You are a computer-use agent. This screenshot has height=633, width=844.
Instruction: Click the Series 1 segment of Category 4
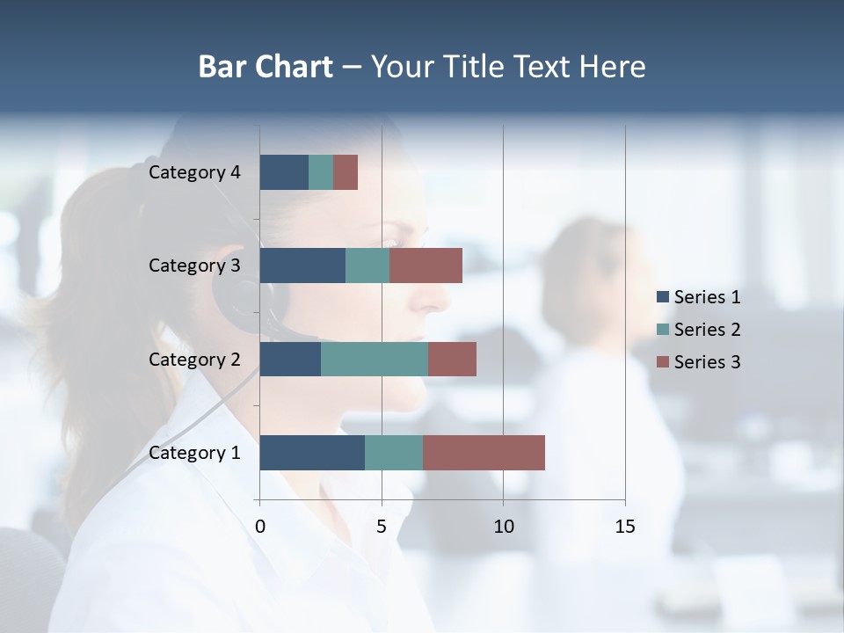click(284, 172)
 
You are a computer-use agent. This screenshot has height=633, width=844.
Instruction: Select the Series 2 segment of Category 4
click(321, 172)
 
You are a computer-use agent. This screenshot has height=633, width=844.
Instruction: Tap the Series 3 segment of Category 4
click(346, 172)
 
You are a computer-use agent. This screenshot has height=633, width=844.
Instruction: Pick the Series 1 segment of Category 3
click(302, 266)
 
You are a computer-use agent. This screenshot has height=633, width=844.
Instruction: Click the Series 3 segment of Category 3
click(426, 266)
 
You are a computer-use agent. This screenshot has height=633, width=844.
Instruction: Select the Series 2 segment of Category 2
click(375, 359)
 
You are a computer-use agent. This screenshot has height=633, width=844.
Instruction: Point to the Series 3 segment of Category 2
click(452, 359)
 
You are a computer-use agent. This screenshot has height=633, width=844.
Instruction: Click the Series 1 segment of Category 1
click(312, 453)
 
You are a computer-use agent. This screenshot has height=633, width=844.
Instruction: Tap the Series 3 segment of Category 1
click(484, 453)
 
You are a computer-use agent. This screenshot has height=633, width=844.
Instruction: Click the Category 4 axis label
click(194, 172)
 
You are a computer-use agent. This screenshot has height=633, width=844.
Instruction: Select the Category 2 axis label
click(194, 359)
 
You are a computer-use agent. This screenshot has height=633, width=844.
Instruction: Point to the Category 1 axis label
click(194, 453)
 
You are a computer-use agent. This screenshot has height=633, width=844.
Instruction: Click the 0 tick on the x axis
click(260, 527)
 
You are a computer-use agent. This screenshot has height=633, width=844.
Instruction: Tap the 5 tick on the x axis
click(382, 527)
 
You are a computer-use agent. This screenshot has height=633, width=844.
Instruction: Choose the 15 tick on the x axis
click(624, 527)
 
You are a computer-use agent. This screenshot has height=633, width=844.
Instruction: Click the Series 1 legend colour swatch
click(663, 297)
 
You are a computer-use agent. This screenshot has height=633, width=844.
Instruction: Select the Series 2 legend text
click(707, 330)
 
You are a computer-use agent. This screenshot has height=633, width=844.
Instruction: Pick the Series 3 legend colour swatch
click(663, 362)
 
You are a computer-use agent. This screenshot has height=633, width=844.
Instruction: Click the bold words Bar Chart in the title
click(265, 67)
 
